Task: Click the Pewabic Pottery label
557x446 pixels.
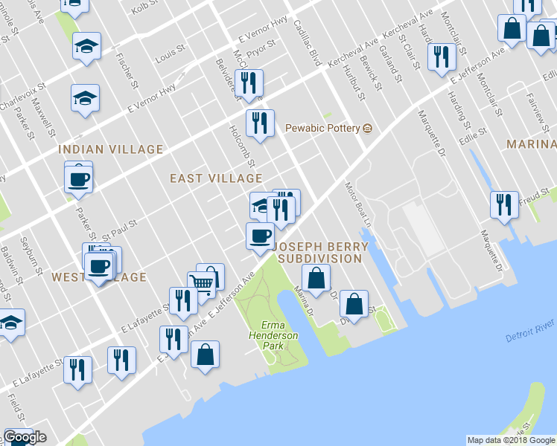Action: (323, 128)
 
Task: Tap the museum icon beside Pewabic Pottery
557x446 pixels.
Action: (367, 128)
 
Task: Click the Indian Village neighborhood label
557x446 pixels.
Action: (111, 149)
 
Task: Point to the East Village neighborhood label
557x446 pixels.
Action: (216, 178)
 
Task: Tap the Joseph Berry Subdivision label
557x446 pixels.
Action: (319, 252)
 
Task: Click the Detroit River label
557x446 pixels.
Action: (529, 331)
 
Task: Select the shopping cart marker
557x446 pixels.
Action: (201, 283)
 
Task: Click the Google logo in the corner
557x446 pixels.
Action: (25, 437)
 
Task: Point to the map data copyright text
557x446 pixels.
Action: (511, 440)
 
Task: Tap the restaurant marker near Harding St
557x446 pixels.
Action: (442, 56)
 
